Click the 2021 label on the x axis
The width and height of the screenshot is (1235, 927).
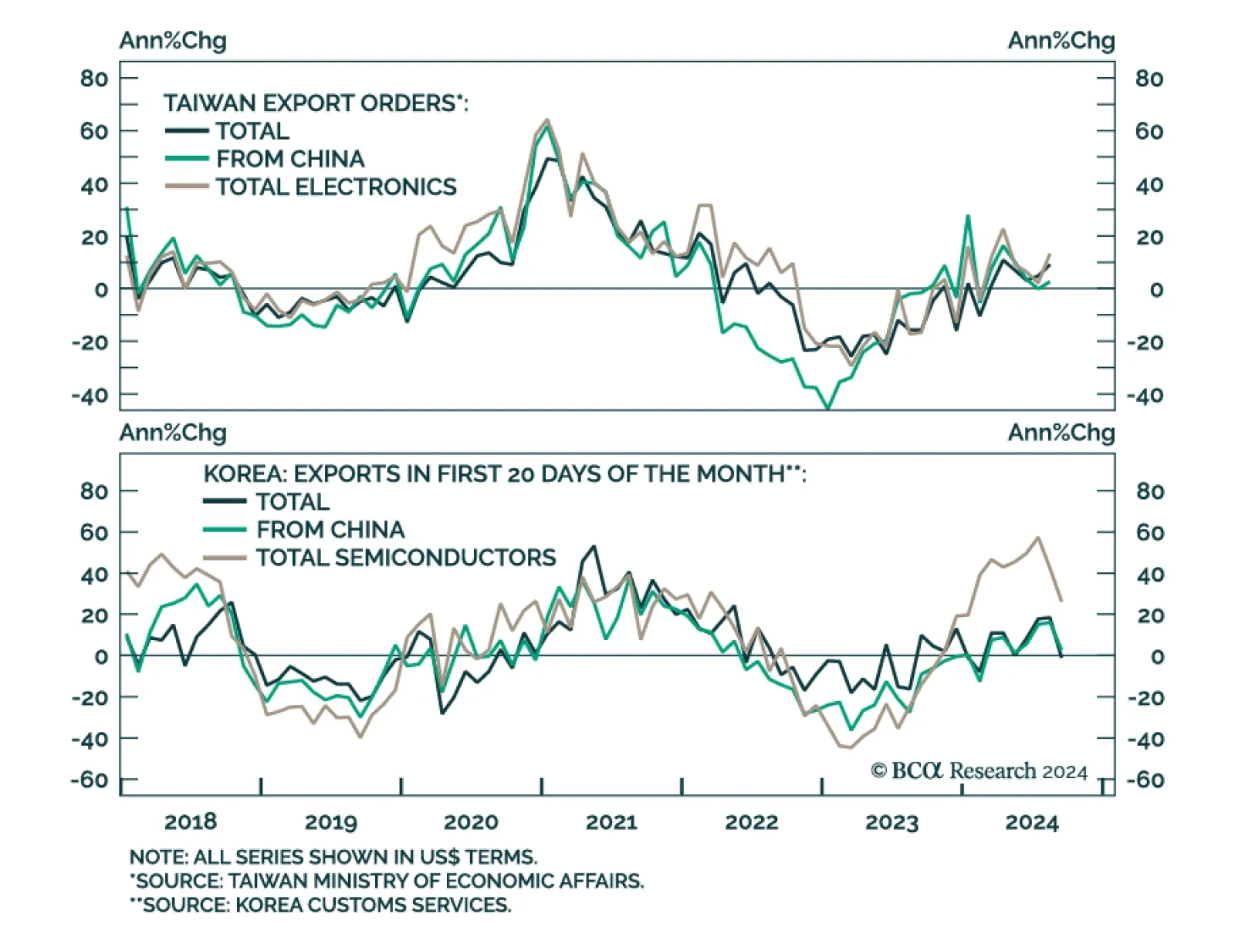[x=611, y=822]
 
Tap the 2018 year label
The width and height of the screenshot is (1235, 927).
[x=191, y=822]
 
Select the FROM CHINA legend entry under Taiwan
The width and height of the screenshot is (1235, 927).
[x=289, y=159]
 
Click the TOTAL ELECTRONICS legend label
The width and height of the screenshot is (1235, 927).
[x=336, y=187]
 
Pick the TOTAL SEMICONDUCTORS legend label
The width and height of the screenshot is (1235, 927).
[x=406, y=558]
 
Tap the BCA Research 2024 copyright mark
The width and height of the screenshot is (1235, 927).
[x=979, y=770]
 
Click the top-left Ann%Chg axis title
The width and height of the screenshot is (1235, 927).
[x=173, y=40]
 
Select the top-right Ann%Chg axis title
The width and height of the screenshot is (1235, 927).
[x=1061, y=40]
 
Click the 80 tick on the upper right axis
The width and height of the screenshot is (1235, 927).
[x=1149, y=79]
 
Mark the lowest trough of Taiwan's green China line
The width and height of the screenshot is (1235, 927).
[x=828, y=407]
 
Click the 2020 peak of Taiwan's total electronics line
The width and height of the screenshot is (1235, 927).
[x=546, y=120]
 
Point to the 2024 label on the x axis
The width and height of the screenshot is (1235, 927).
[x=1031, y=822]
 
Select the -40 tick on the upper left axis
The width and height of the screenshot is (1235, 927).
[x=90, y=395]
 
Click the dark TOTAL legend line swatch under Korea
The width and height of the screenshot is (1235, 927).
[x=225, y=501]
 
